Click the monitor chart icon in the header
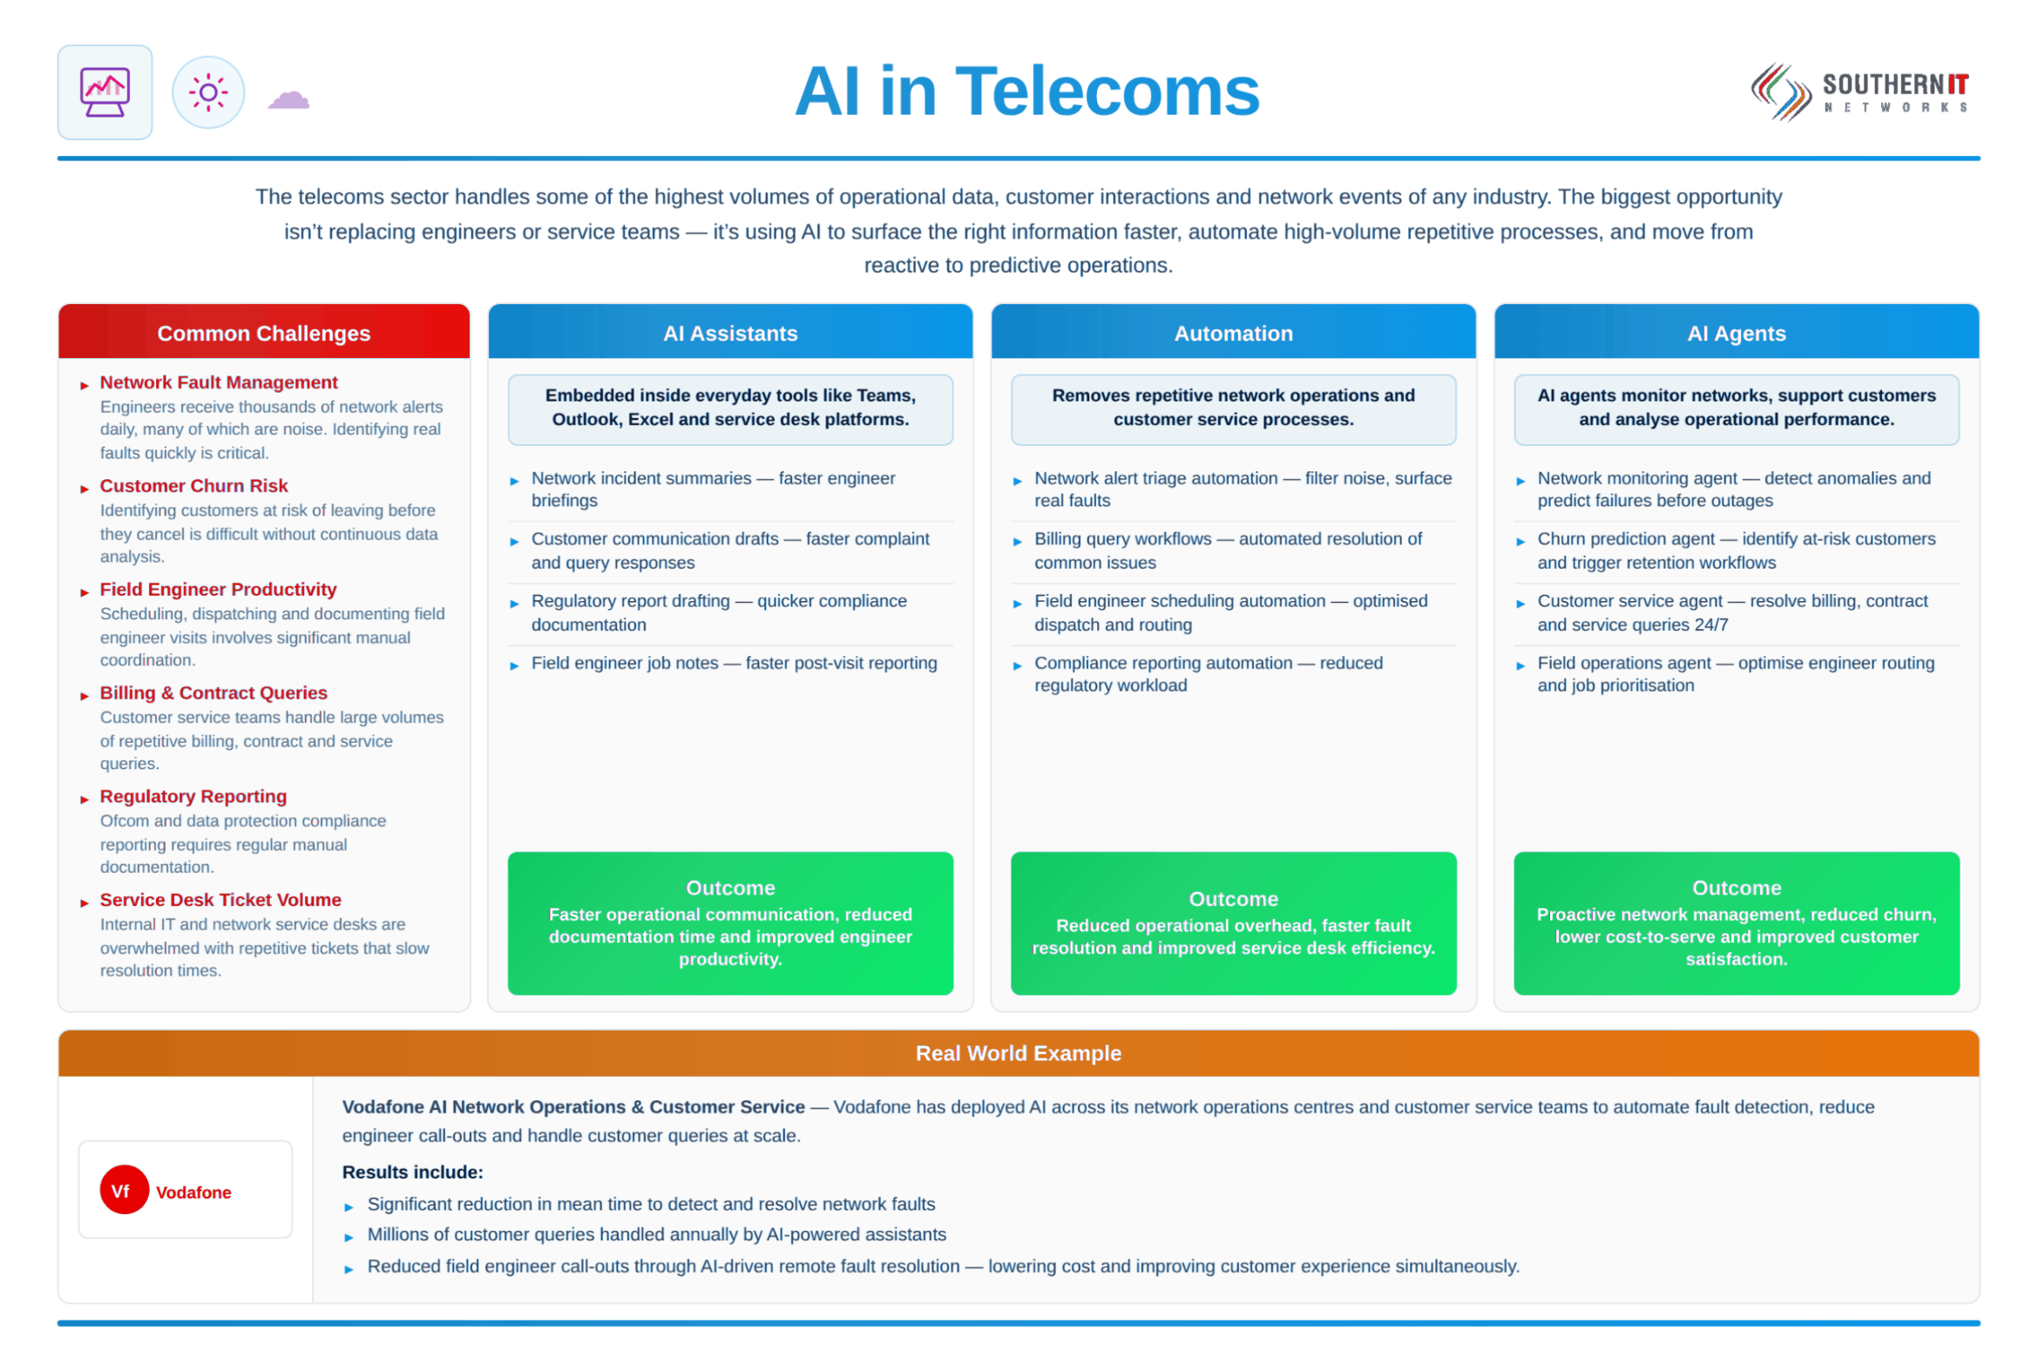(x=105, y=91)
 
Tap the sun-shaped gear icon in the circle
(x=208, y=91)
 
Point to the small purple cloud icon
(x=288, y=98)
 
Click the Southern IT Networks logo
(x=1859, y=91)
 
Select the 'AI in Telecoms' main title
(x=1027, y=91)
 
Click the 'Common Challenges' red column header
(x=264, y=333)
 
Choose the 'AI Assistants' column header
(x=730, y=333)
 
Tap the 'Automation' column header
(x=1233, y=333)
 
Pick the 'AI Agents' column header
(x=1737, y=333)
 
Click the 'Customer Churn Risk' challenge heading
(x=193, y=486)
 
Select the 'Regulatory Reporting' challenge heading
(x=193, y=796)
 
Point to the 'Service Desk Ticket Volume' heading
(x=220, y=900)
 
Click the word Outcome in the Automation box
(x=1233, y=899)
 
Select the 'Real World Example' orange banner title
(x=1018, y=1054)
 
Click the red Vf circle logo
(x=125, y=1190)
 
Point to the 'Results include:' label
(x=413, y=1172)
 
